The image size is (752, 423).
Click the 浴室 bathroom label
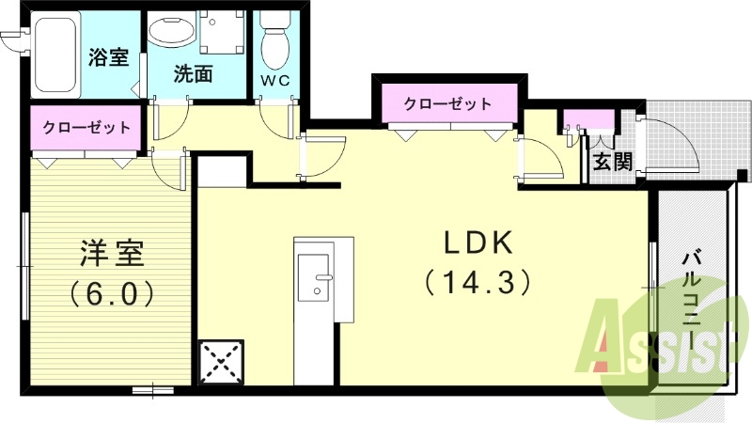click(108, 58)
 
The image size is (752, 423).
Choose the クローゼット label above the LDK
click(447, 103)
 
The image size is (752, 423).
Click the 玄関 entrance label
click(612, 161)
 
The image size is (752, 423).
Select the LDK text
click(478, 243)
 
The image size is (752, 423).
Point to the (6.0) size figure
click(111, 294)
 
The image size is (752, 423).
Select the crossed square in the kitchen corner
click(222, 361)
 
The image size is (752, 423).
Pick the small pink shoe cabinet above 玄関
click(587, 119)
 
